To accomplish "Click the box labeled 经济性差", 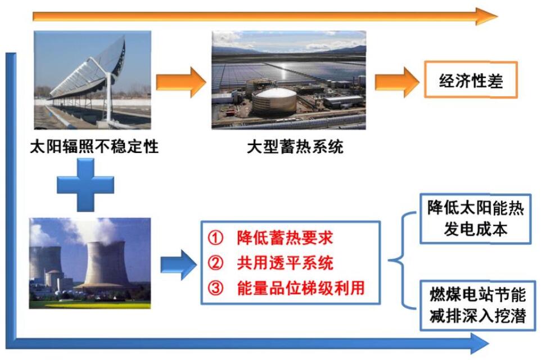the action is click(471, 79).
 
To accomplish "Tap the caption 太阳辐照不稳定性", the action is click(94, 146).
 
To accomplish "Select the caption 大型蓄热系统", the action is click(295, 147).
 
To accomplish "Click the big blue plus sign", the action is click(85, 184).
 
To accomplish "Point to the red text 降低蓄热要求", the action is click(285, 237).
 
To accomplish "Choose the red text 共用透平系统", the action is click(285, 263).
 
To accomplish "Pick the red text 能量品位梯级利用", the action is click(301, 288).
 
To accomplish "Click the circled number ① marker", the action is click(215, 237).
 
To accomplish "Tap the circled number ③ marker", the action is click(215, 288).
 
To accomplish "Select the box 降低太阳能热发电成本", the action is click(475, 219).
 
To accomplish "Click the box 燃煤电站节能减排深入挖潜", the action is click(478, 305).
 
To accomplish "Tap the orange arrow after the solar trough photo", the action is click(181, 82).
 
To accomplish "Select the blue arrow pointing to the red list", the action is click(179, 265).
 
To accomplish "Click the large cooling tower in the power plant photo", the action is click(105, 264).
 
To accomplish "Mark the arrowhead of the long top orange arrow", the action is click(486, 16).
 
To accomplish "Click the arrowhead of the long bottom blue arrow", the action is click(480, 343).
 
